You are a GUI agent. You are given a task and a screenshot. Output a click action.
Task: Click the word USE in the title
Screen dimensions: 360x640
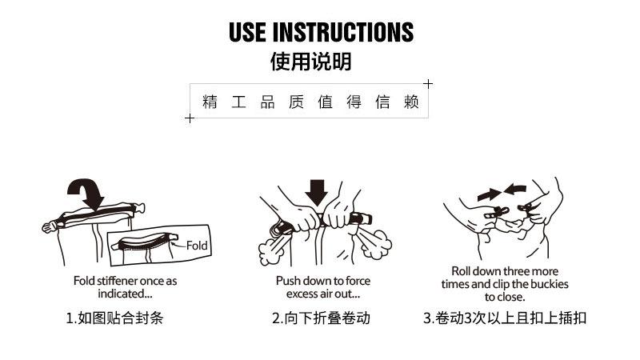point(248,32)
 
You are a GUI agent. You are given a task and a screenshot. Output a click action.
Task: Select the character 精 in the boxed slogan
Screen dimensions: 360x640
point(210,103)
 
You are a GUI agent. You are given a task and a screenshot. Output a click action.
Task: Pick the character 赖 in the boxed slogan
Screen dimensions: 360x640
point(411,103)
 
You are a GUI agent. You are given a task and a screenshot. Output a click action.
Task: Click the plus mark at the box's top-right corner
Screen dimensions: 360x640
point(428,83)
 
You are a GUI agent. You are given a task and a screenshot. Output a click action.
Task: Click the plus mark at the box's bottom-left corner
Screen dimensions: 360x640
point(190,118)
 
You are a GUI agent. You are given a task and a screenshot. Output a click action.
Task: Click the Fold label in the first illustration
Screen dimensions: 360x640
point(196,246)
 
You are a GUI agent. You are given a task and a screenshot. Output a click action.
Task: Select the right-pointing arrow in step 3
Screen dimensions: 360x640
point(487,194)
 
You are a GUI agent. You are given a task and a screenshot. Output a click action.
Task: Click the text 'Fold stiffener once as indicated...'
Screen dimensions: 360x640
point(125,287)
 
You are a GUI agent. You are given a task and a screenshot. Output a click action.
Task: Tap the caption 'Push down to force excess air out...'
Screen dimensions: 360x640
point(323,287)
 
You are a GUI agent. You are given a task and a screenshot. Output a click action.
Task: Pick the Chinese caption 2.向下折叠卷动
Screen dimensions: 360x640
point(322,318)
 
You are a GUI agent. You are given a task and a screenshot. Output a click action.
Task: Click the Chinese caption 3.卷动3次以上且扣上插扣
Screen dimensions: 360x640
point(505,318)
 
